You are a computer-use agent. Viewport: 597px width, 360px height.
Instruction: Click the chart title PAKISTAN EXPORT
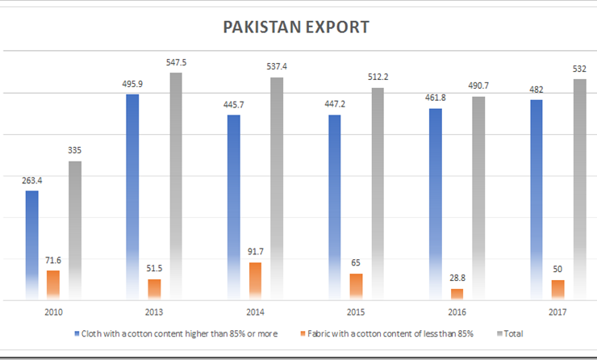click(296, 27)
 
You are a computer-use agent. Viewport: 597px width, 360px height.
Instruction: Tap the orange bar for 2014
click(255, 281)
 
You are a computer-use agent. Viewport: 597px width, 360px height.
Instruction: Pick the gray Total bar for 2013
click(176, 186)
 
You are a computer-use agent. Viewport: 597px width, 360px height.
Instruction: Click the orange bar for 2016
click(457, 294)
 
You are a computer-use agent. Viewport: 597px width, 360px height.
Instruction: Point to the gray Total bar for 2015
click(378, 194)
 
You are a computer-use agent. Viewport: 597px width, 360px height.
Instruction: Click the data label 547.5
click(176, 63)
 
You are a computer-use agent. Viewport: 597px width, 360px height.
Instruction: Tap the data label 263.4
click(32, 181)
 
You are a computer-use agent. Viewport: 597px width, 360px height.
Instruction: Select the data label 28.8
click(457, 278)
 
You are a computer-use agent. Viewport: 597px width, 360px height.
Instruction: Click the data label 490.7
click(478, 86)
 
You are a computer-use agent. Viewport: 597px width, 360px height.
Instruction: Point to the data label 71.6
click(53, 261)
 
